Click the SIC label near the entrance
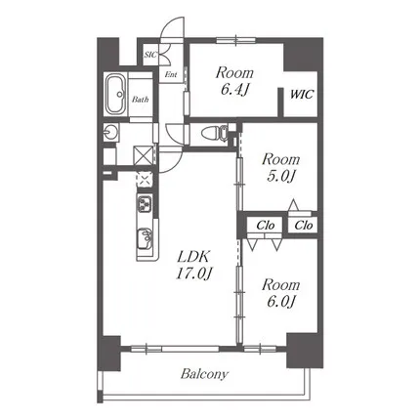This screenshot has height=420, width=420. [150, 55]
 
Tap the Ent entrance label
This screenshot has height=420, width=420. [171, 74]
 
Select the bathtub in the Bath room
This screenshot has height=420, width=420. [116, 95]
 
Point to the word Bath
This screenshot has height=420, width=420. [141, 100]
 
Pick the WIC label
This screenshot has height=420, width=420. [302, 95]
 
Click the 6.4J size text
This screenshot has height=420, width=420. [234, 90]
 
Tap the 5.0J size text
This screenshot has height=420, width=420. [280, 177]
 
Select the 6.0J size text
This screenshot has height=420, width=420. [281, 302]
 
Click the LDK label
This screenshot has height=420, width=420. [193, 257]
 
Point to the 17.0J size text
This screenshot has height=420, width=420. [194, 273]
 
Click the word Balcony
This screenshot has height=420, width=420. [205, 374]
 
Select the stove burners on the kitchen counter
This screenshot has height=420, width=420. [145, 204]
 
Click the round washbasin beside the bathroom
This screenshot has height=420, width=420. [109, 133]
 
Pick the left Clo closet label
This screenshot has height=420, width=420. [266, 226]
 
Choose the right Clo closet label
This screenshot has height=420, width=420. [304, 226]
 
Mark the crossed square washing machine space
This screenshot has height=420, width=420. [143, 155]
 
